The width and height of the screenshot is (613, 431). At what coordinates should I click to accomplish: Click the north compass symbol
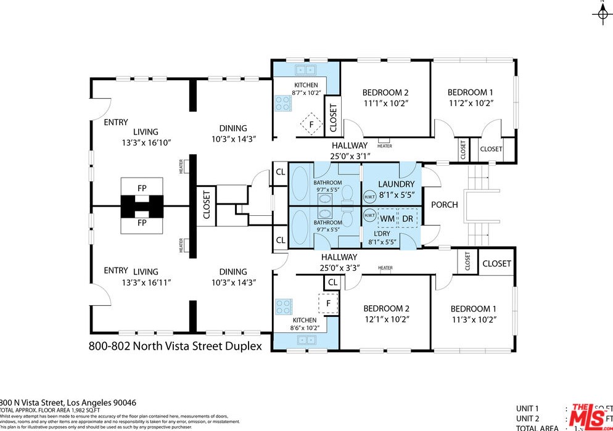(x=602, y=14)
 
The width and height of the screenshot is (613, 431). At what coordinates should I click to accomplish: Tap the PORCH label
(x=444, y=205)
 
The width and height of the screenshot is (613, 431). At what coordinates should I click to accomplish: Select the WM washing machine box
(x=387, y=218)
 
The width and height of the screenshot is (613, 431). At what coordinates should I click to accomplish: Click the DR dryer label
(x=408, y=218)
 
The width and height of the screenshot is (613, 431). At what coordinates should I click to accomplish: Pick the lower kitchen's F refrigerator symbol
(x=328, y=303)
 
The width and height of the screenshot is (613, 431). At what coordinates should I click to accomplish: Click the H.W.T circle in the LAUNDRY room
(x=369, y=197)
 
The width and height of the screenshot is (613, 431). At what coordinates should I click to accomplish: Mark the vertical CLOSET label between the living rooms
(x=206, y=205)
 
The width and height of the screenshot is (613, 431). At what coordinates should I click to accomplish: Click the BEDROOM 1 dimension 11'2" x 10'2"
(x=471, y=104)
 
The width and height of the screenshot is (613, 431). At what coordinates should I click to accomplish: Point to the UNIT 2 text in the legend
(x=528, y=419)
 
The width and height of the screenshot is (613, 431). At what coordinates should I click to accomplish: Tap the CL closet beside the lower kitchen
(x=332, y=282)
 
